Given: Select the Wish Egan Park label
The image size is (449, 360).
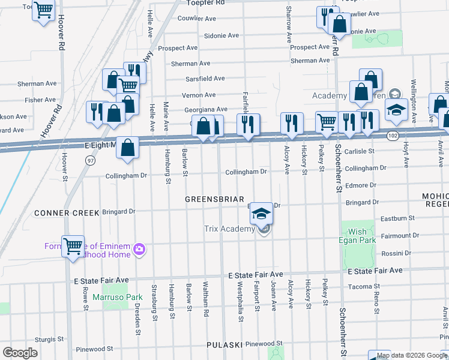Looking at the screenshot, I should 358,236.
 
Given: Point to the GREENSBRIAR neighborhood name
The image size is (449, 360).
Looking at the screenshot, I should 214,199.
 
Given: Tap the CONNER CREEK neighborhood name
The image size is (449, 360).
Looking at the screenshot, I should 65,212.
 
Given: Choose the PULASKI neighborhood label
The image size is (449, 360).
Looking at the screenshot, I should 225,345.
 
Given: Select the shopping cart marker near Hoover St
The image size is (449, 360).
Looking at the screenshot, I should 73,246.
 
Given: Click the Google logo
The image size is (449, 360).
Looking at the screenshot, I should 20,352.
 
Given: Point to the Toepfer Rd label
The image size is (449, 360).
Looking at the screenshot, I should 203,2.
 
